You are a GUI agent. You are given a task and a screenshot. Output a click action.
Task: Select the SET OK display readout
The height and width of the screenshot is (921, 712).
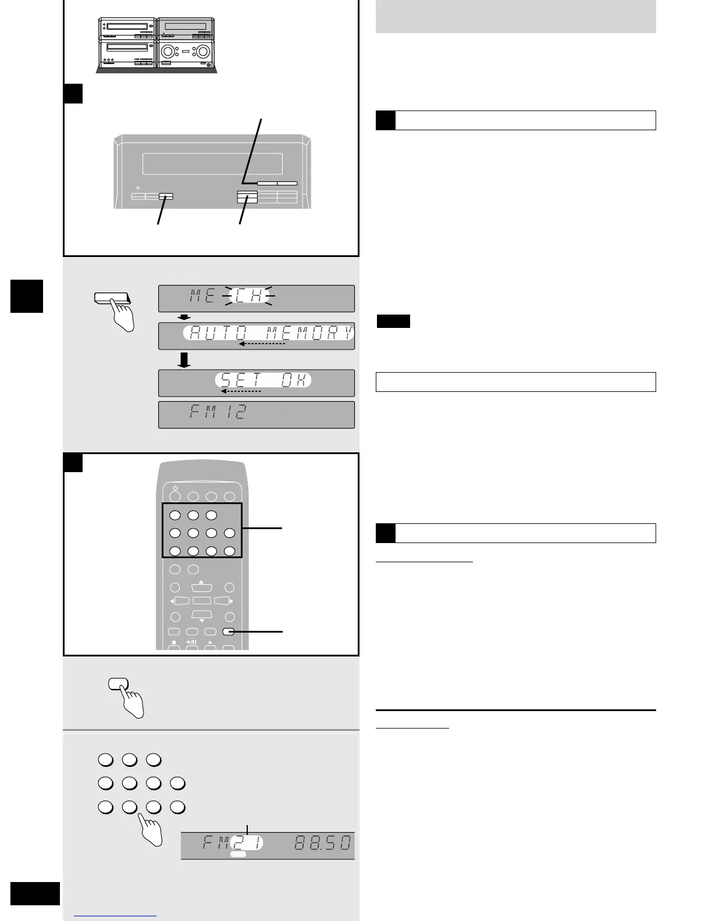coord(264,380)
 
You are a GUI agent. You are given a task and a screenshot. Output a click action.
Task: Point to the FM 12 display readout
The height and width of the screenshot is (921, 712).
coord(218,413)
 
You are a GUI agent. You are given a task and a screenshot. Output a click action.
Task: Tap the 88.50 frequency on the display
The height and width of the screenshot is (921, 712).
coord(323,843)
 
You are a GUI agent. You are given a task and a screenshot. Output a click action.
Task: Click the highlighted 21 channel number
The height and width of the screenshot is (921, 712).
coord(247,843)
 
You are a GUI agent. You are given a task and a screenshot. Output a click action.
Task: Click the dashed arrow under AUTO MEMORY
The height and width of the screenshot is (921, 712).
coord(262,344)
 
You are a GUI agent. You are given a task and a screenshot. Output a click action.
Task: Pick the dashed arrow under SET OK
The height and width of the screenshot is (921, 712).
coord(241,391)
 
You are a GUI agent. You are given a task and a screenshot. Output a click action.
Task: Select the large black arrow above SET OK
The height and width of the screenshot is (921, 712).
coord(184,360)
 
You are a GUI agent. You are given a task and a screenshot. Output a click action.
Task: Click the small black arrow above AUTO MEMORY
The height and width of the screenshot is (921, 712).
coord(184,317)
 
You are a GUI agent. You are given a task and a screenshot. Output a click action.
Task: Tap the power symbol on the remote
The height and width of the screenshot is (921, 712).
coord(175,488)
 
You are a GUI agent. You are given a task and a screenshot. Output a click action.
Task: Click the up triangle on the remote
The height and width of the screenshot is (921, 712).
coord(201,581)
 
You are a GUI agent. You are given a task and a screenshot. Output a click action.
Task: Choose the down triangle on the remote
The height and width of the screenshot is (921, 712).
coord(202,620)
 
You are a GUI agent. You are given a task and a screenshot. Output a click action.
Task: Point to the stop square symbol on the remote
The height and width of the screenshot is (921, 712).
coord(173,642)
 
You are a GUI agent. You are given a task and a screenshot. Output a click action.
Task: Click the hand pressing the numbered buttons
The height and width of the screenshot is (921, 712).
coord(149,830)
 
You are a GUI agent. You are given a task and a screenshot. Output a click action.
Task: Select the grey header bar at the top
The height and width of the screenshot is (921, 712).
coord(515,16)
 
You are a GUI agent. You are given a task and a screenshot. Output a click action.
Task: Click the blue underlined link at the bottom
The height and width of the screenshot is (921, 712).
coord(115,916)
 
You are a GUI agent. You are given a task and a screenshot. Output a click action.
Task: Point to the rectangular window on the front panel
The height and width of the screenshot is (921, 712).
coord(212,164)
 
